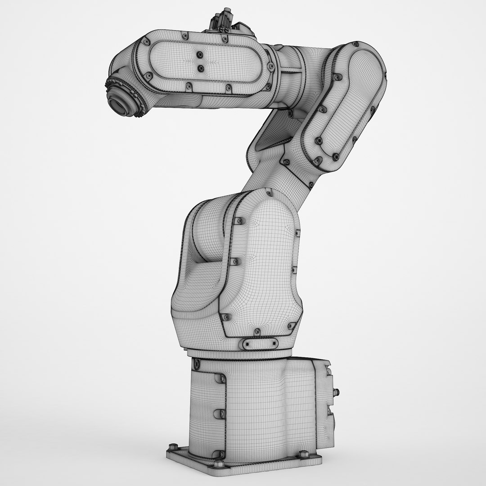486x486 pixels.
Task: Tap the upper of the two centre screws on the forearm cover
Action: (198, 54)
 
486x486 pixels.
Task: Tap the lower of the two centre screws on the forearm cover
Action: (201, 68)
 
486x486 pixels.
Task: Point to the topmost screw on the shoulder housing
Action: (270, 193)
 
